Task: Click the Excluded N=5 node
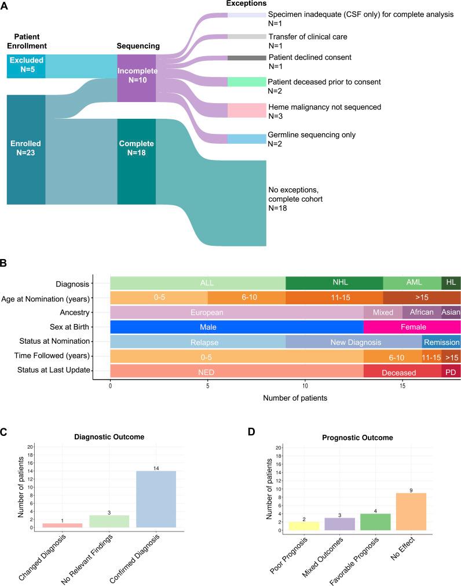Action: pos(26,66)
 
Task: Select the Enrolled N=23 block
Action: pos(26,149)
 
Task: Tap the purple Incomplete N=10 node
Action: pos(136,78)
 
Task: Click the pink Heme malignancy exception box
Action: pos(246,111)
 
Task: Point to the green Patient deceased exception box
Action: pos(246,82)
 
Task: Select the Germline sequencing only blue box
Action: pos(246,139)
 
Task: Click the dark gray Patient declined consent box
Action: pos(246,58)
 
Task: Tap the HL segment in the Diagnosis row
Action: pos(451,283)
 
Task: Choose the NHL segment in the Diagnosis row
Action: pos(334,283)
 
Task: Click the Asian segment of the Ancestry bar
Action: pos(451,312)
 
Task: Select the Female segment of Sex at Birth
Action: pos(412,327)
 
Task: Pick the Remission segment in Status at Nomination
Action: pos(441,341)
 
